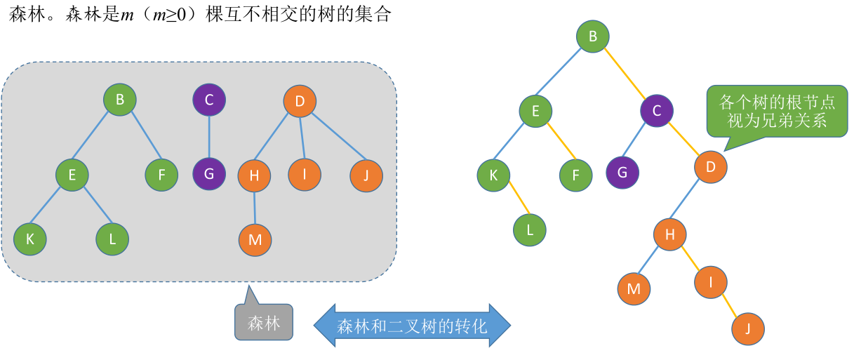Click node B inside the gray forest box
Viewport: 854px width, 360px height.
click(120, 100)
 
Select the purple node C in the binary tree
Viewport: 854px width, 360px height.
click(657, 110)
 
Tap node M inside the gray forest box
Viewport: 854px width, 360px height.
click(255, 240)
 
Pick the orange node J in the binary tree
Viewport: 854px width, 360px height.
click(747, 328)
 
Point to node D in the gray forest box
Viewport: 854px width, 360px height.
click(300, 101)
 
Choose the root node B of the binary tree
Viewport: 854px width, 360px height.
click(593, 36)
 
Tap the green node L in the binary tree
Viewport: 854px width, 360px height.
click(530, 229)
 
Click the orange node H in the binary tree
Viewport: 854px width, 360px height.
click(670, 235)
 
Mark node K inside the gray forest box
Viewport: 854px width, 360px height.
click(30, 239)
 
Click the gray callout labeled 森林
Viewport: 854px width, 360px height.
click(263, 324)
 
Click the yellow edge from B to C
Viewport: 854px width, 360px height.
click(625, 73)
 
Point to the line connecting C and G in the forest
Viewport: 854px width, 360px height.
click(209, 136)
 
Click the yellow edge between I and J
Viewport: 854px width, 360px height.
click(730, 305)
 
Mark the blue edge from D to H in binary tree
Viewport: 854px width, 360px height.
click(690, 201)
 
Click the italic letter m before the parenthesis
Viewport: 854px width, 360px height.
click(127, 15)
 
